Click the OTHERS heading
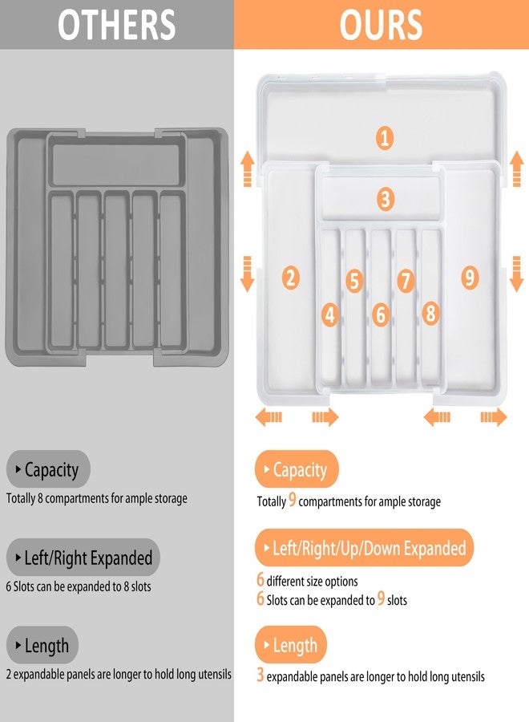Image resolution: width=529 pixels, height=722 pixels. [x=117, y=25]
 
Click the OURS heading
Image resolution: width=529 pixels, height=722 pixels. [x=381, y=25]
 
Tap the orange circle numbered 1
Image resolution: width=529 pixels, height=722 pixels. [x=385, y=138]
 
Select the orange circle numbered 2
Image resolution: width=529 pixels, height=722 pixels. [x=291, y=278]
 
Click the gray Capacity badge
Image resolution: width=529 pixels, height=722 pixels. [x=49, y=470]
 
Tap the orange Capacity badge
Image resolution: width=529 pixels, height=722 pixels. [x=297, y=470]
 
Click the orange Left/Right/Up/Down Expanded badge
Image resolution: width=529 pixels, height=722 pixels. [x=365, y=549]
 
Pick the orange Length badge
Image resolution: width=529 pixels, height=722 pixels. [x=292, y=645]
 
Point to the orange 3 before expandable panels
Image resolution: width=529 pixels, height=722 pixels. [x=260, y=675]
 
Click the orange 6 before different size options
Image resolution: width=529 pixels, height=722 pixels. [x=260, y=580]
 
